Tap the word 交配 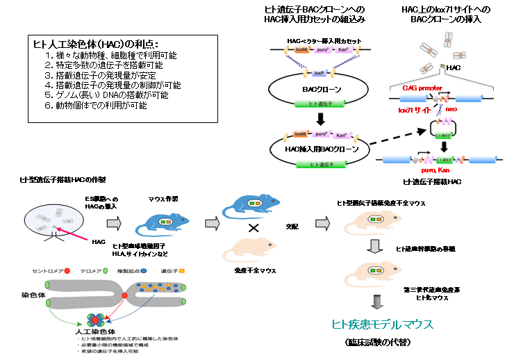tap(292, 226)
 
